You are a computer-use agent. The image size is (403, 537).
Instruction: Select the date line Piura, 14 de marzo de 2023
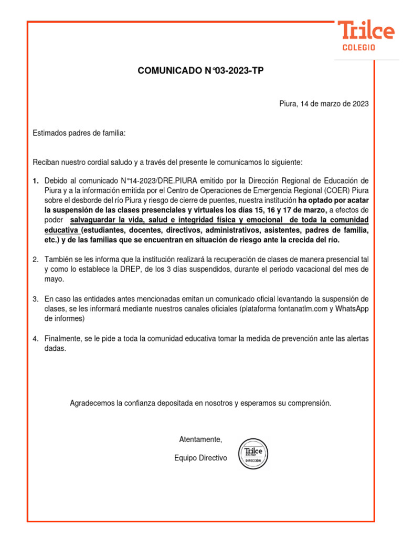324,104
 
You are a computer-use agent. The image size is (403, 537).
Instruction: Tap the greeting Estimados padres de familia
79,133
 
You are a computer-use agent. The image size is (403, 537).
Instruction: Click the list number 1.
36,181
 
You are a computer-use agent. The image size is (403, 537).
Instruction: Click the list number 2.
36,260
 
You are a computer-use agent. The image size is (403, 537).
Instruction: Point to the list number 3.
36,299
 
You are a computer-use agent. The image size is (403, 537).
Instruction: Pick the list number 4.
36,338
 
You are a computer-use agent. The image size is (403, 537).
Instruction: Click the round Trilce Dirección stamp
254,453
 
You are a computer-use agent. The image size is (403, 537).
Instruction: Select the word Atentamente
201,439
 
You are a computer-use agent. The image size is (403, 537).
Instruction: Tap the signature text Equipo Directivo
201,458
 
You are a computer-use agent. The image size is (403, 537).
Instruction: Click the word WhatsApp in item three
352,308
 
